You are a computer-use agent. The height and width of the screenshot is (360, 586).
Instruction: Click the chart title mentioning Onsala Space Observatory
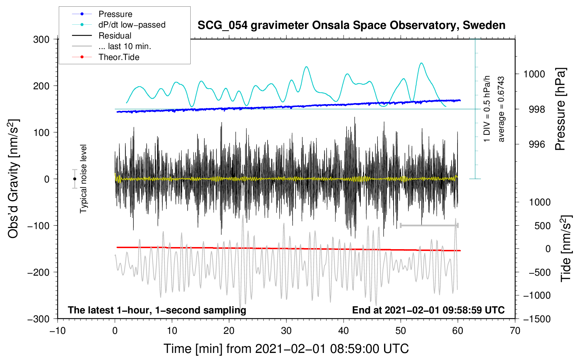click(x=351, y=25)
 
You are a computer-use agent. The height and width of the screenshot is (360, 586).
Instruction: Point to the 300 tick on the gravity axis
click(x=41, y=40)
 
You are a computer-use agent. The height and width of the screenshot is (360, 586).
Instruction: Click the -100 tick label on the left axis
click(x=38, y=226)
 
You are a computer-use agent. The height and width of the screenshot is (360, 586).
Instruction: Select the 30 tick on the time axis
click(x=286, y=331)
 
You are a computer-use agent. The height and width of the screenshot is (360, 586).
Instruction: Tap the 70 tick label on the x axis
click(x=515, y=331)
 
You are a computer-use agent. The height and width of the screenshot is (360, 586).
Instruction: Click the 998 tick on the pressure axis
click(x=537, y=109)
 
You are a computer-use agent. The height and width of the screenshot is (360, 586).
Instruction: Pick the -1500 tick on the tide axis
click(x=537, y=319)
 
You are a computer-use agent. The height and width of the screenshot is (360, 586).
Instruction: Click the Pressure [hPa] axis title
click(x=560, y=109)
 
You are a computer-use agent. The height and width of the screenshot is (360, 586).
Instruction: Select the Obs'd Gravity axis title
click(x=13, y=179)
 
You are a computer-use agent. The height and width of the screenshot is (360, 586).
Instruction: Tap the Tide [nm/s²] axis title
click(x=566, y=248)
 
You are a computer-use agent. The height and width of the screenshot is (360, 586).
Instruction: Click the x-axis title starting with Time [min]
click(x=286, y=349)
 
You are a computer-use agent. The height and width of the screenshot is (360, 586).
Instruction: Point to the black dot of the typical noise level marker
click(x=74, y=179)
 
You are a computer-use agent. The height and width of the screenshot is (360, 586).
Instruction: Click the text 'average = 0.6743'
click(x=501, y=109)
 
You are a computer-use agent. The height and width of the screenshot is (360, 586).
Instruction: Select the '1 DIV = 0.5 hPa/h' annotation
click(x=486, y=109)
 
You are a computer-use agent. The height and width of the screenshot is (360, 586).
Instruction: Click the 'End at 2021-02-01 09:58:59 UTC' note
click(x=428, y=310)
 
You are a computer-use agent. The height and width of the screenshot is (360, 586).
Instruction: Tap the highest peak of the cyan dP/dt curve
click(x=421, y=63)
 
